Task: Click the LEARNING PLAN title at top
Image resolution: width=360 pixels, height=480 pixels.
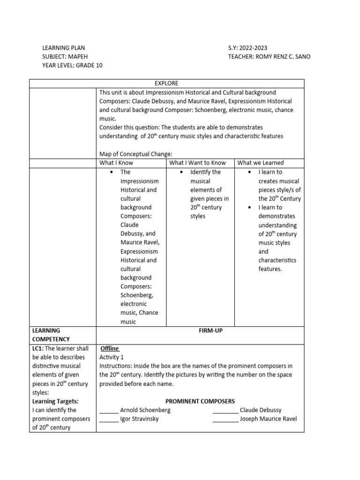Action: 64,48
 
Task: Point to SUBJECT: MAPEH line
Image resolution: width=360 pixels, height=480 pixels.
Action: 65,57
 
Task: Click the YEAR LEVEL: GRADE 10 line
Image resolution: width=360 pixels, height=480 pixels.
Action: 72,65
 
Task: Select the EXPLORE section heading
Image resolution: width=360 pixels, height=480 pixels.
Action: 166,83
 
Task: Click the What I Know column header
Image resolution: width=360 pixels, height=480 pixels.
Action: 116,163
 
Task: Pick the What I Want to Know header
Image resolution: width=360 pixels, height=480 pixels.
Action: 197,163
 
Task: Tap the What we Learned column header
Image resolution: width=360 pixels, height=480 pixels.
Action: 261,163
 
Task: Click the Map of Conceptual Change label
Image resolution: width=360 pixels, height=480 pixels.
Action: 136,154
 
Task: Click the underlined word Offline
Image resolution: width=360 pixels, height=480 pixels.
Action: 110,348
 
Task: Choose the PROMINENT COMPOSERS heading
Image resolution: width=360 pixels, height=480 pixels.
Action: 200,401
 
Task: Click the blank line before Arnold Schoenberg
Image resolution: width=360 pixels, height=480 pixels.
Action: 109,411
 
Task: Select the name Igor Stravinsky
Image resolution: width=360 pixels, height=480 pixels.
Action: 139,419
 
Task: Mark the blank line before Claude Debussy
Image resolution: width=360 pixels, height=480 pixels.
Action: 225,411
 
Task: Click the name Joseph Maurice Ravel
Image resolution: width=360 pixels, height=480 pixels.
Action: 268,419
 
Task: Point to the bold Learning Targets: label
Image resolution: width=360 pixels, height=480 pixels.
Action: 55,401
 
